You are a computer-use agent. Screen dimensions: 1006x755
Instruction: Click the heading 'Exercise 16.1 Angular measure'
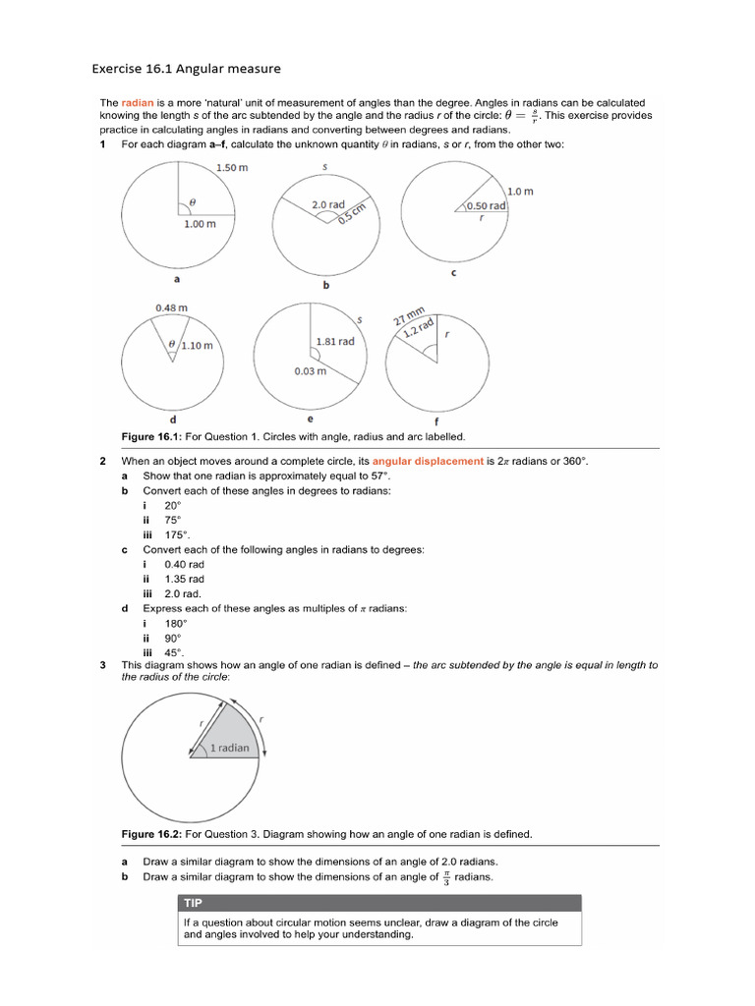tap(186, 69)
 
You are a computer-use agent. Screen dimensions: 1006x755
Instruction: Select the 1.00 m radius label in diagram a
tap(200, 224)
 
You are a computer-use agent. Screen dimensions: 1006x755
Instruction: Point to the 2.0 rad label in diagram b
tap(328, 204)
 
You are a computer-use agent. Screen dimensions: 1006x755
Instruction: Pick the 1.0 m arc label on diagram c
tap(520, 191)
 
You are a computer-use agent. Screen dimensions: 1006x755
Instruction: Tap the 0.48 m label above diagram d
tap(171, 308)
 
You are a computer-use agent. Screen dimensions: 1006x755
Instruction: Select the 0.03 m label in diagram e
tap(311, 371)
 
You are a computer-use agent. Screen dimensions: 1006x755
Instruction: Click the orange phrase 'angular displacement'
tap(428, 461)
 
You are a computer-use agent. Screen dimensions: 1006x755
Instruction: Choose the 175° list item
tap(177, 534)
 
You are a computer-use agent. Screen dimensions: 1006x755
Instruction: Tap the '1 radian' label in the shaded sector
tap(229, 748)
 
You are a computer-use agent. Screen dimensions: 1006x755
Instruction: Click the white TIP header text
tap(194, 903)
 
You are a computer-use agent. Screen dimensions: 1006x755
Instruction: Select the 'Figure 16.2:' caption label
tap(150, 834)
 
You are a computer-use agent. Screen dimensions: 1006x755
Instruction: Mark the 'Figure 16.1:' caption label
tap(150, 435)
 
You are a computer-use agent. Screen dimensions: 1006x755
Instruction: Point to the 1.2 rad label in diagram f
tap(419, 329)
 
